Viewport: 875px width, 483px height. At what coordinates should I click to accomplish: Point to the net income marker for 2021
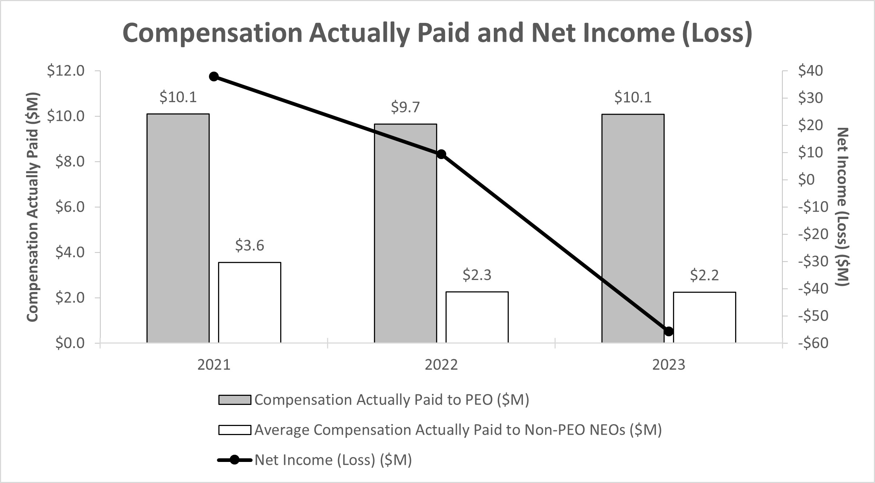[214, 76]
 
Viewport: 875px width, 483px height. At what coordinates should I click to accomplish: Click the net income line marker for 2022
[441, 154]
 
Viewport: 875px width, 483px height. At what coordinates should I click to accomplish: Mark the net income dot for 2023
[669, 331]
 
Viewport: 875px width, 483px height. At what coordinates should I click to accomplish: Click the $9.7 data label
[405, 107]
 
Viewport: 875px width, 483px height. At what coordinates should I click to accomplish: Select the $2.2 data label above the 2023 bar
[704, 275]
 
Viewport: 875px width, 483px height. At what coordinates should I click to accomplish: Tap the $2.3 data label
[477, 275]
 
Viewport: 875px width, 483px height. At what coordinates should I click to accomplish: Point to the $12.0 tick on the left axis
[66, 71]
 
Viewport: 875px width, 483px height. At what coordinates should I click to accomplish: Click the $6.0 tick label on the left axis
[70, 207]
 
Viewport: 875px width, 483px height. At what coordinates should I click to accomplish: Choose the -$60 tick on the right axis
[813, 343]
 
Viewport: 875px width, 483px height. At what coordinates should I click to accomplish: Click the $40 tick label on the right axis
[810, 71]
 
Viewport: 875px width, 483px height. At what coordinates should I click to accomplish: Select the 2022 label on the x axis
[441, 365]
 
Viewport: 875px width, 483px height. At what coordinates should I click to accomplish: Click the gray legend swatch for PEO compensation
[234, 400]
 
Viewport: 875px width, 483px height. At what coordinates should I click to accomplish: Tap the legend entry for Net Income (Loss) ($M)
[333, 460]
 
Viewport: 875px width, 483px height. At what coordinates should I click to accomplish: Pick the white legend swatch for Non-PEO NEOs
[234, 430]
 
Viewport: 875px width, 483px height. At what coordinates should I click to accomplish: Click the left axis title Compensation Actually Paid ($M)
[33, 207]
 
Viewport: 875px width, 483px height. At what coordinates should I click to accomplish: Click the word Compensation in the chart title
[213, 33]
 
